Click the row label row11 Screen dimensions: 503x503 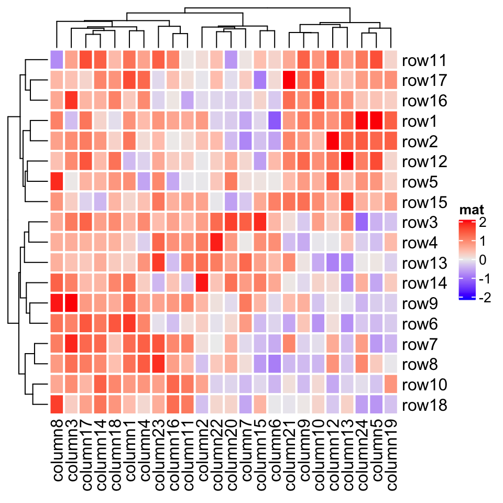point(424,61)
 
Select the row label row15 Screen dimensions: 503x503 point(424,202)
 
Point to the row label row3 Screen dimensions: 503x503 point(421,222)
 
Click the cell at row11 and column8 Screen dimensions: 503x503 point(57,60)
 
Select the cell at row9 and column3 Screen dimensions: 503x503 point(71,303)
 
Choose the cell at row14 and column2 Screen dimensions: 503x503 point(202,283)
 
